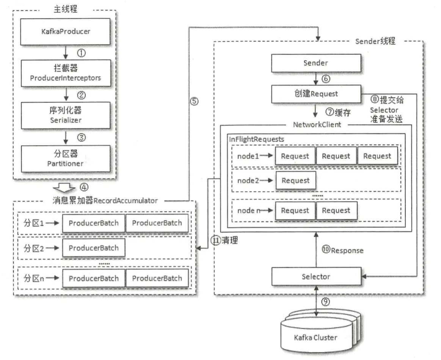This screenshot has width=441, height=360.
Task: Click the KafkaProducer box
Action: pos(66,31)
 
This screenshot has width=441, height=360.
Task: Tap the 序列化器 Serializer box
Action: pos(66,115)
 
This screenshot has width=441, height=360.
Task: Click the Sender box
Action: pos(315,63)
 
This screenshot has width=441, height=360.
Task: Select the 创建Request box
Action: pos(315,94)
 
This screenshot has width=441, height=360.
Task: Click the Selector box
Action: pos(315,277)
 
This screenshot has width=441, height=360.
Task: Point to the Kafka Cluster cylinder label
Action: pos(315,337)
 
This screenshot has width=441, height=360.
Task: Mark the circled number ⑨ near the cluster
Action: pos(325,302)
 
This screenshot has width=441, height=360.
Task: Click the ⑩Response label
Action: pos(343,250)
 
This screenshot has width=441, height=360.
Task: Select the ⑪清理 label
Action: pos(224,240)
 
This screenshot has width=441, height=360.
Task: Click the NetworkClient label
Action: pos(317,124)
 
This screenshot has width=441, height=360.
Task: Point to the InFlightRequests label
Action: pos(256,139)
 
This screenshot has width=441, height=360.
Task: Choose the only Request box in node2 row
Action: pos(295,181)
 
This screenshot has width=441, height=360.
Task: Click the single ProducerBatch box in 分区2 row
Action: pos(93,248)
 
